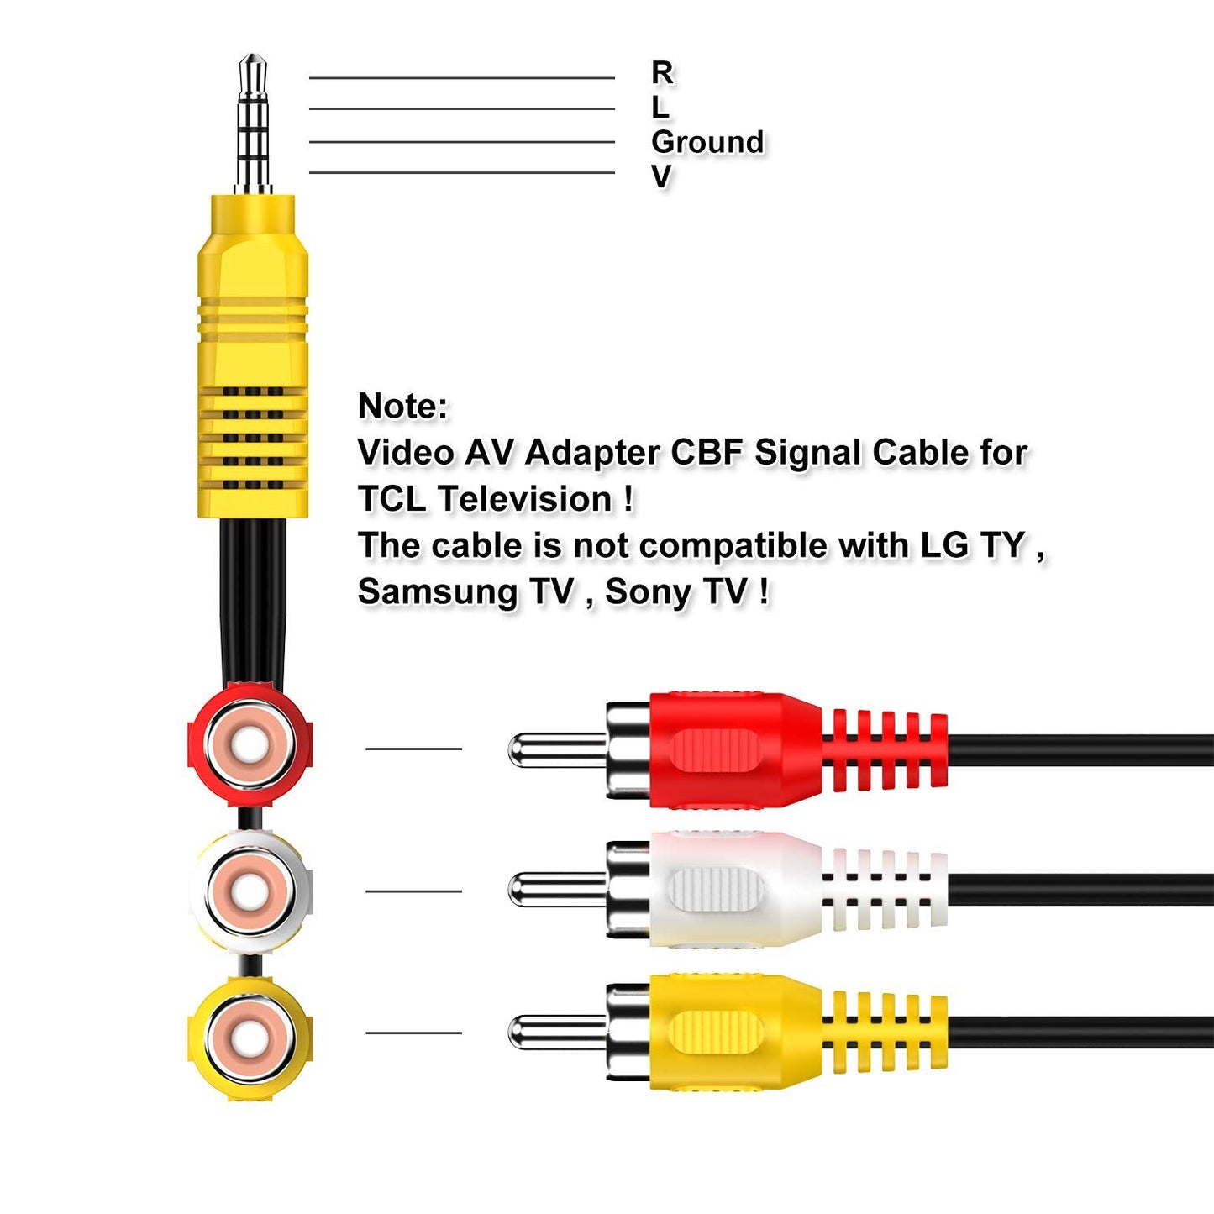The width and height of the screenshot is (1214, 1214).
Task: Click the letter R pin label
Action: (x=662, y=73)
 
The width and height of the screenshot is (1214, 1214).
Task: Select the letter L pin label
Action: (x=660, y=108)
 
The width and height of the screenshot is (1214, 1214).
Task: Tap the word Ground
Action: (x=707, y=142)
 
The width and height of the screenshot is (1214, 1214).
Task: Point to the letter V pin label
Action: (x=661, y=176)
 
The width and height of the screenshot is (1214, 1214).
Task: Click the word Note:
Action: (x=402, y=407)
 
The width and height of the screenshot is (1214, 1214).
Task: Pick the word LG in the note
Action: (x=944, y=545)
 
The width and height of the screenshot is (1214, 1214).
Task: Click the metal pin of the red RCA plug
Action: (x=554, y=749)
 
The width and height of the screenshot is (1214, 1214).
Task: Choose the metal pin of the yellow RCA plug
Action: (x=554, y=1032)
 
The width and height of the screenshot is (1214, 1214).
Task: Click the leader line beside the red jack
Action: (x=413, y=749)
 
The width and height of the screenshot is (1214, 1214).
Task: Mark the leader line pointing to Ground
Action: (x=461, y=142)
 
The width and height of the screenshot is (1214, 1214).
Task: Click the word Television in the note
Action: (x=525, y=499)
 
